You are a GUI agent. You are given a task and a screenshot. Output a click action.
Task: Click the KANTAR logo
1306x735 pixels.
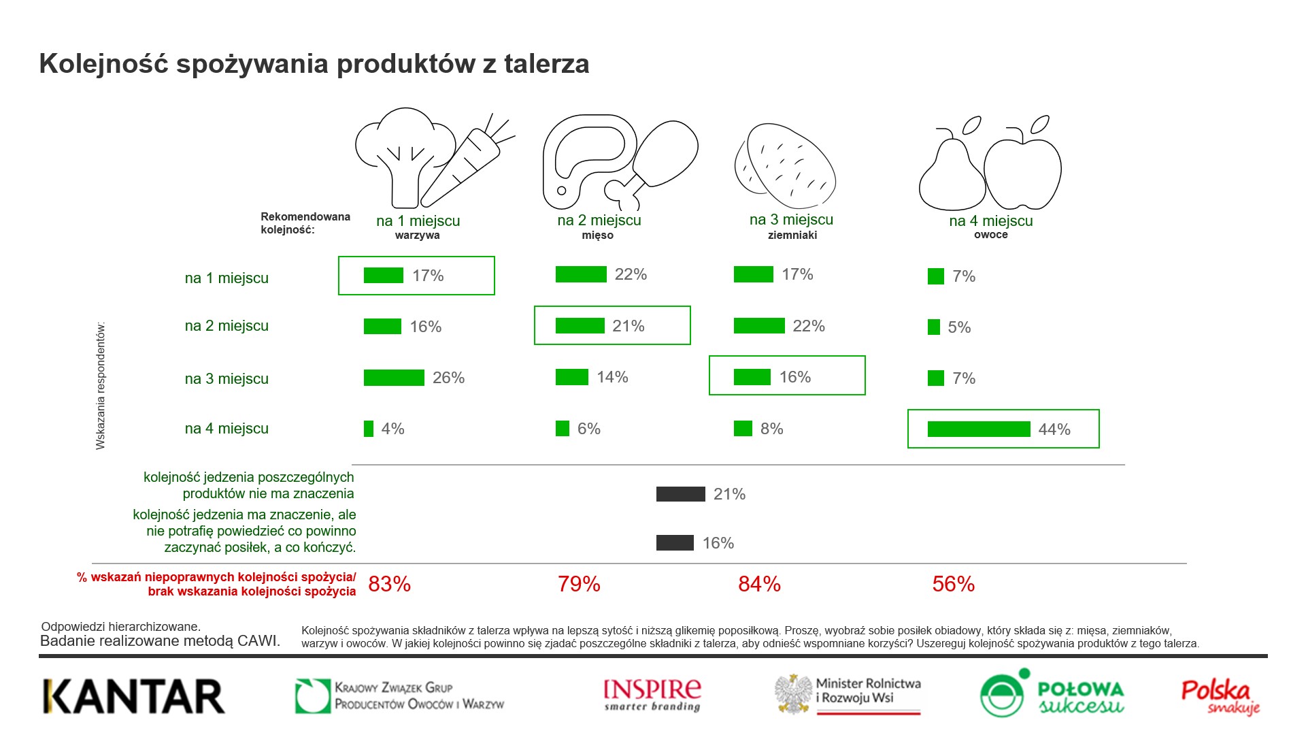tap(133, 696)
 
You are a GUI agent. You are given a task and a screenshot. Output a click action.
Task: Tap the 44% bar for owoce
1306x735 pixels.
tap(978, 429)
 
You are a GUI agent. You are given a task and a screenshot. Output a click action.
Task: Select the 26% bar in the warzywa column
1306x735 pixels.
tap(394, 378)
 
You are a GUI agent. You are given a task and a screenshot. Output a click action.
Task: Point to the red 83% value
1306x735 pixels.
tap(389, 584)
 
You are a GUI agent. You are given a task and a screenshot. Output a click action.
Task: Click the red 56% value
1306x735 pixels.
tap(953, 584)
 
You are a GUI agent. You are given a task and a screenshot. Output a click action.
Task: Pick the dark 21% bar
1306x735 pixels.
tap(680, 494)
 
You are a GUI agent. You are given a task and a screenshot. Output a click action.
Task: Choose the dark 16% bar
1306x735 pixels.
tap(675, 543)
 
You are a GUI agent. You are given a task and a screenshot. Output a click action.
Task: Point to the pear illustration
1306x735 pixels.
tap(950, 174)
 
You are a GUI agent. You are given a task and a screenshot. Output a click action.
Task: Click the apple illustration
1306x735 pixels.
tap(1022, 170)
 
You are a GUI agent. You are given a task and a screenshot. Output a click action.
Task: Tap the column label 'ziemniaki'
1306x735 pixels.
tap(792, 235)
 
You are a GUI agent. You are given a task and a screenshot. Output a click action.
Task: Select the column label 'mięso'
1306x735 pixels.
tap(598, 235)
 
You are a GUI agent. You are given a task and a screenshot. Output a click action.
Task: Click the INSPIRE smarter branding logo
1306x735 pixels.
tap(652, 695)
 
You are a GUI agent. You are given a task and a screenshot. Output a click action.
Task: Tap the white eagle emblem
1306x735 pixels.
tap(794, 693)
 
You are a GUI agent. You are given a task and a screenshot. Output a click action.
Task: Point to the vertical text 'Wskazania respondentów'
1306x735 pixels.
tap(101, 386)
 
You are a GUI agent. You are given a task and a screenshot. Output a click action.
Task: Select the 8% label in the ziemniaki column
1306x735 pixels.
tap(772, 429)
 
